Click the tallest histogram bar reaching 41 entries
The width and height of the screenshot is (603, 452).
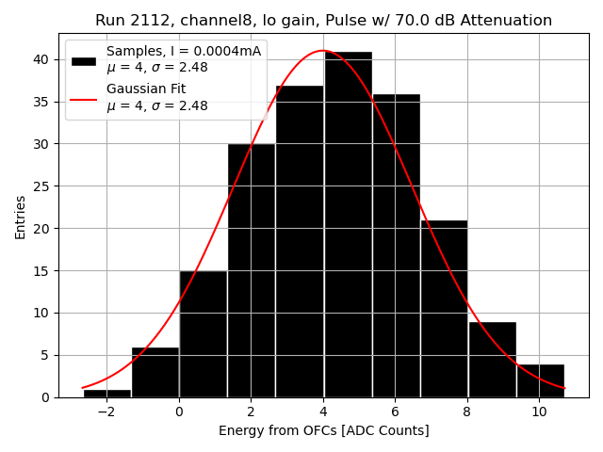[348, 226]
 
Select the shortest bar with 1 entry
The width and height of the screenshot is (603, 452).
[107, 393]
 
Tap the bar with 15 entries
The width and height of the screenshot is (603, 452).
[204, 334]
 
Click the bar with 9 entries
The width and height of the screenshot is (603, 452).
[492, 360]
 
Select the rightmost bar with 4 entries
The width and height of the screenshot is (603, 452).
[540, 380]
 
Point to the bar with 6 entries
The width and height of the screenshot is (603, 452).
[155, 372]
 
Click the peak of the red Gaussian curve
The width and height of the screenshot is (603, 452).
[322, 51]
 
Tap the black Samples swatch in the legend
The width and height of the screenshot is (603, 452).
[84, 59]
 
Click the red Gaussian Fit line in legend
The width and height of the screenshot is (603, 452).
[84, 98]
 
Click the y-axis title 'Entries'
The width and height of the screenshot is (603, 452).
[21, 217]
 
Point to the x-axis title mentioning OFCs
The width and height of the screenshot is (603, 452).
[323, 430]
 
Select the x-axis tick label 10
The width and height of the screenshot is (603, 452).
[539, 412]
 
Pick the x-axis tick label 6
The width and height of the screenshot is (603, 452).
[395, 412]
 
